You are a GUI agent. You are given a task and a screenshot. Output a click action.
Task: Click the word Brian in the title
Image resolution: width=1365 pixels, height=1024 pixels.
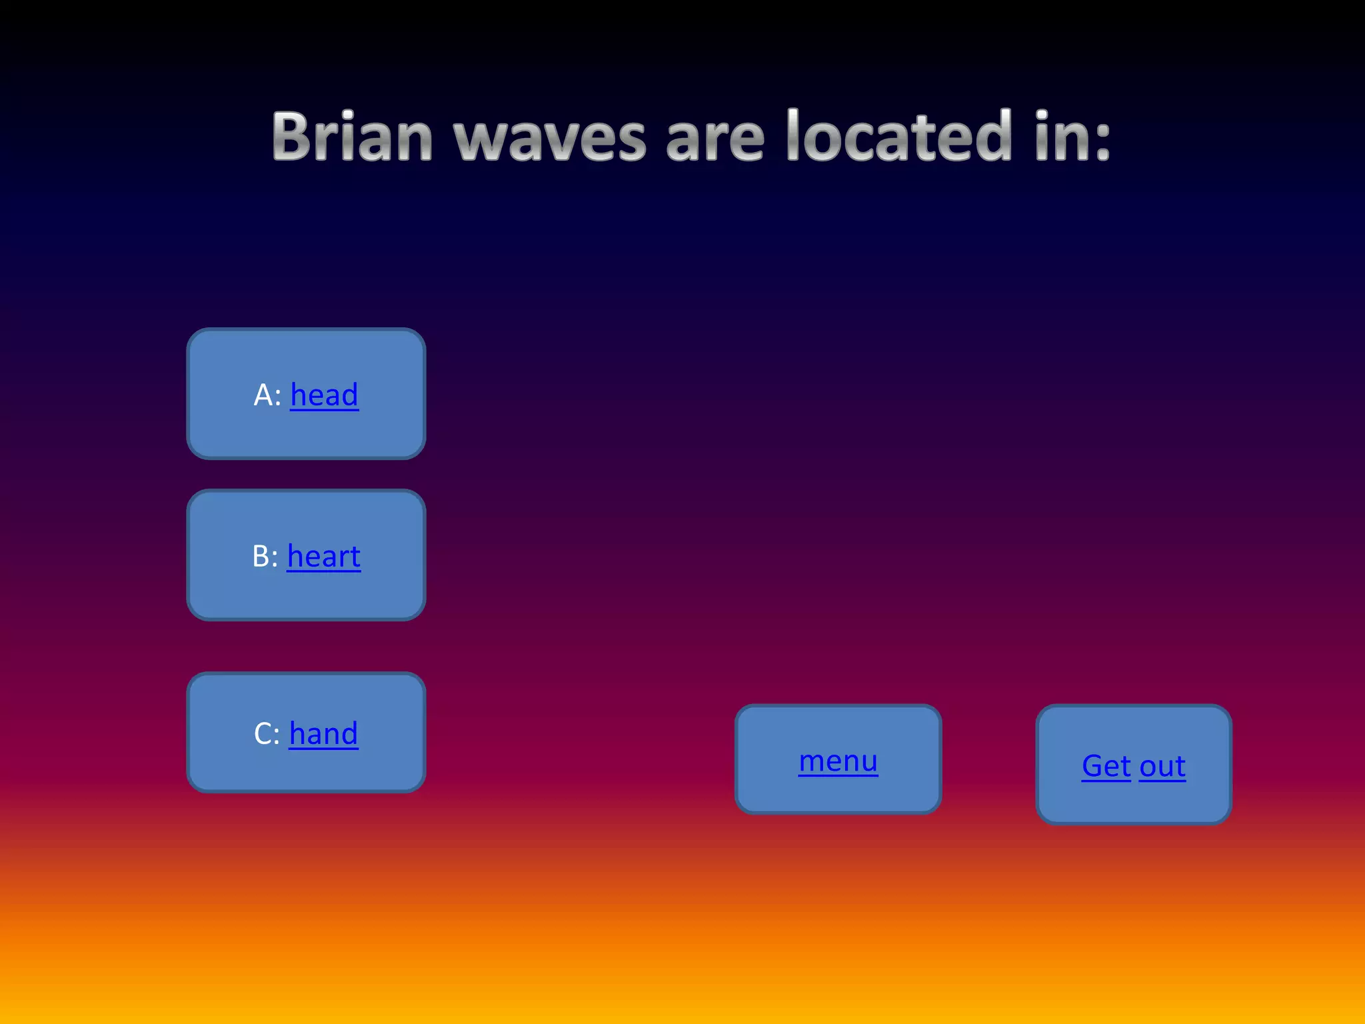click(353, 137)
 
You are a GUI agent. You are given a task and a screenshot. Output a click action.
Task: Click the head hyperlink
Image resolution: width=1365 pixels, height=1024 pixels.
click(325, 395)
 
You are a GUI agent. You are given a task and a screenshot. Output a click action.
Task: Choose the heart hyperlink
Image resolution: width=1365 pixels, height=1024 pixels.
click(324, 556)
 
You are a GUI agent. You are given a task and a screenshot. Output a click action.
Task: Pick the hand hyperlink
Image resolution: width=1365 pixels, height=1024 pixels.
click(323, 733)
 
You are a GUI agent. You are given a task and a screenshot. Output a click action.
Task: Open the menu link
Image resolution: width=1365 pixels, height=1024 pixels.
click(838, 761)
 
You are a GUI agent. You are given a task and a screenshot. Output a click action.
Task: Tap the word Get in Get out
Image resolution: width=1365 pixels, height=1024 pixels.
click(1106, 766)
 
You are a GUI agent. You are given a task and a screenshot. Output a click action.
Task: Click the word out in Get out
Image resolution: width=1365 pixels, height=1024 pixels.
click(1162, 767)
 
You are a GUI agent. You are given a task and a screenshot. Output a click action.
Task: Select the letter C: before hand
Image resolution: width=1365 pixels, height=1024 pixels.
click(267, 733)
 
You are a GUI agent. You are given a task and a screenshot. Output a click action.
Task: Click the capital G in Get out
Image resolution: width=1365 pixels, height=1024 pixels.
click(1094, 766)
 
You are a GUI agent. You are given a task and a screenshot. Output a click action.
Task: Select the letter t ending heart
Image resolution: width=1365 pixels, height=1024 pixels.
click(355, 557)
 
